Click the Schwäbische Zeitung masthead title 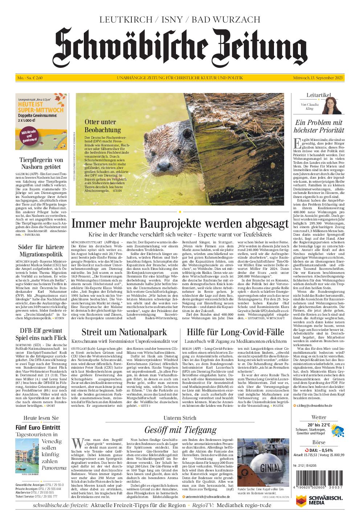(180, 47)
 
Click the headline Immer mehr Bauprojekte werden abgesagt (180, 223)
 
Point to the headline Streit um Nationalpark (124, 332)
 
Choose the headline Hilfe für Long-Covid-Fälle (235, 332)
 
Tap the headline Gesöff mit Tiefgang (180, 430)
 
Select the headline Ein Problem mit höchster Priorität (319, 126)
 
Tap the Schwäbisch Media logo (319, 502)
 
